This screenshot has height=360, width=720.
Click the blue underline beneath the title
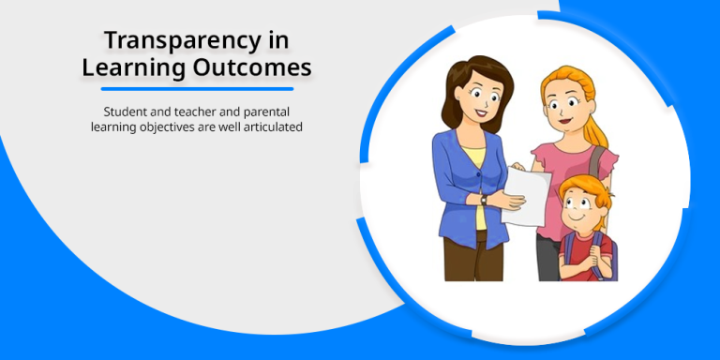pyautogui.click(x=197, y=89)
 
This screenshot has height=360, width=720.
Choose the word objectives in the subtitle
pyautogui.click(x=163, y=126)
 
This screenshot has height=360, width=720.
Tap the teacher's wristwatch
pyautogui.click(x=485, y=199)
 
